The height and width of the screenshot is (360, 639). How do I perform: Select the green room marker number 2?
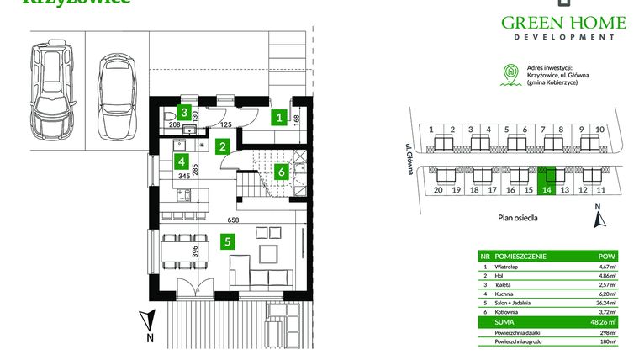(222, 146)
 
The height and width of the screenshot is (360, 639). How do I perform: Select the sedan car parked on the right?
(115, 98)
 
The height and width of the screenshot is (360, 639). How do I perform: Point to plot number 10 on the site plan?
(599, 130)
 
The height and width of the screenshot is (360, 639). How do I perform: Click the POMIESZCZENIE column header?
(522, 255)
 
